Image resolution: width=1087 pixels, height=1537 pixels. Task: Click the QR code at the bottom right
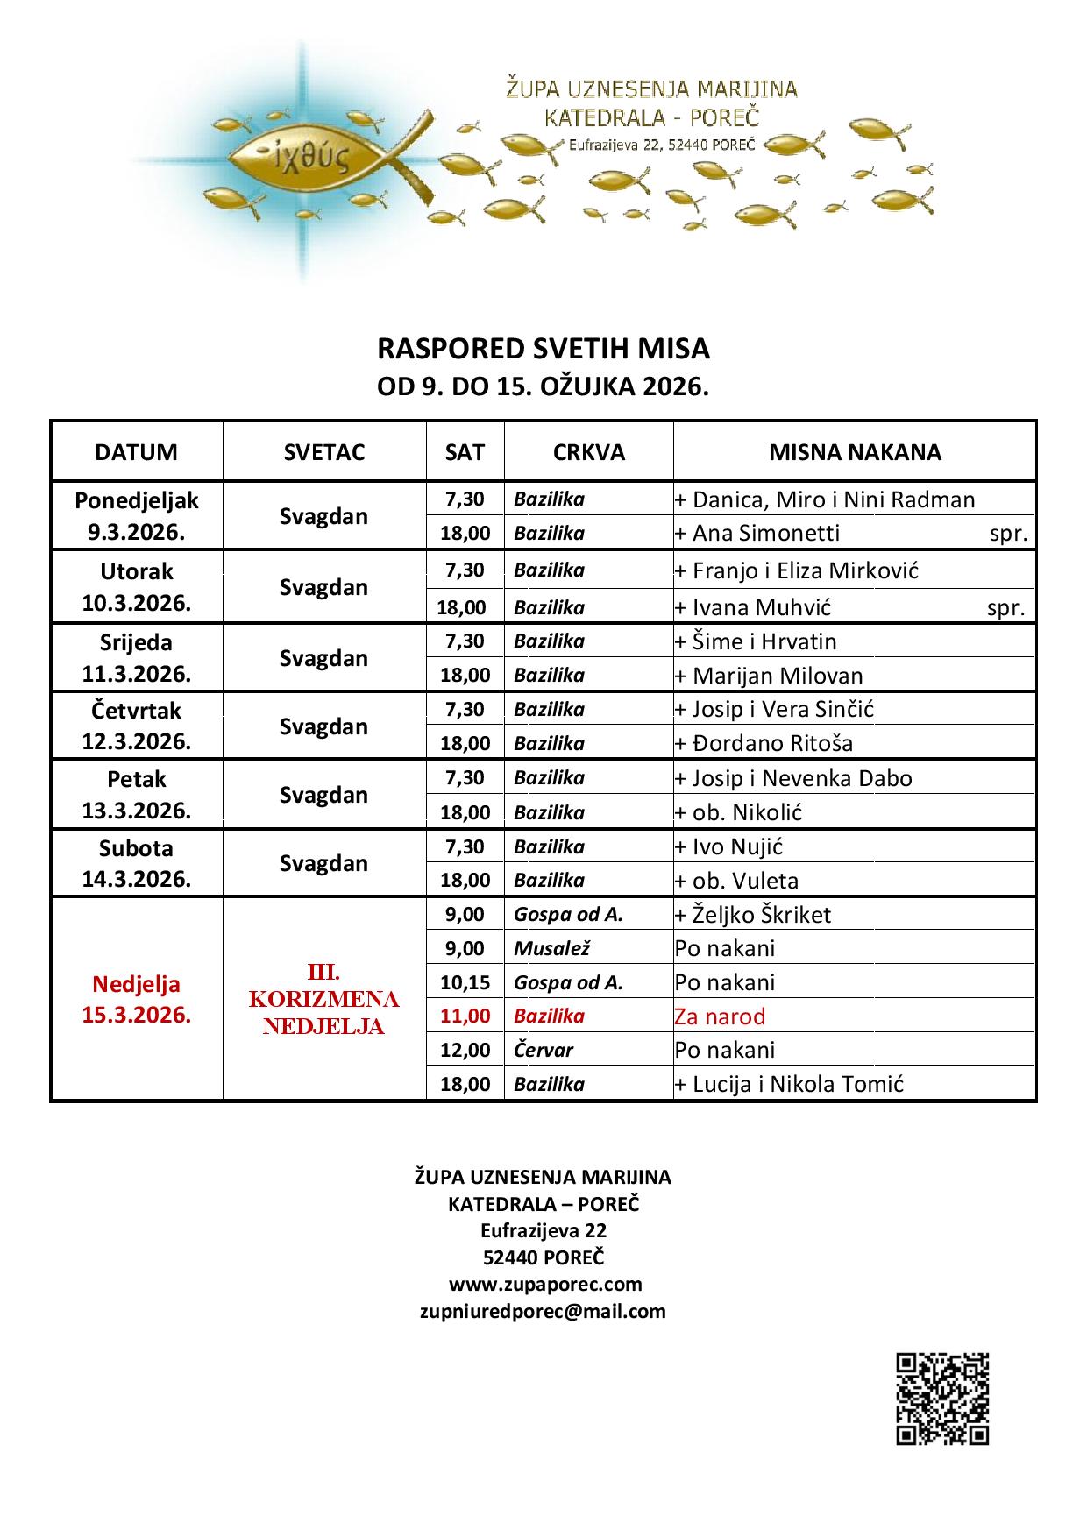(942, 1399)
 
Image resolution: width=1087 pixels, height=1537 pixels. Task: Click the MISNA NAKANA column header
(855, 452)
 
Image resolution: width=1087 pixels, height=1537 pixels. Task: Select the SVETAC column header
(324, 452)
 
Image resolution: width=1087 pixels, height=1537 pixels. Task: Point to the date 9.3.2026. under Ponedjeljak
(137, 532)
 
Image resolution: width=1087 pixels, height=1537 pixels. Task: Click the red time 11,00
(465, 1016)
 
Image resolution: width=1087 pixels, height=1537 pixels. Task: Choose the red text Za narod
(720, 1016)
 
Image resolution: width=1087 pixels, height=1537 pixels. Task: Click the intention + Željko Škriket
(752, 915)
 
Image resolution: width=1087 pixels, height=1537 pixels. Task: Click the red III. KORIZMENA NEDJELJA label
(324, 999)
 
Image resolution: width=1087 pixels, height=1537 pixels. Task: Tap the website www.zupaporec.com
(545, 1285)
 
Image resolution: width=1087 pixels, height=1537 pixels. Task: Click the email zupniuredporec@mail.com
(543, 1312)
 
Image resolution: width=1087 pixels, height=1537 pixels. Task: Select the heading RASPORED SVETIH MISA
(543, 349)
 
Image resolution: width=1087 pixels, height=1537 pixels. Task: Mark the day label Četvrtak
(137, 711)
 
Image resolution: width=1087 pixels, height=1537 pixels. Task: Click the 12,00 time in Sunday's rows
(465, 1050)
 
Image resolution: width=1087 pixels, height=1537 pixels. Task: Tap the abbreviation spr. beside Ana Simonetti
(1008, 534)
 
